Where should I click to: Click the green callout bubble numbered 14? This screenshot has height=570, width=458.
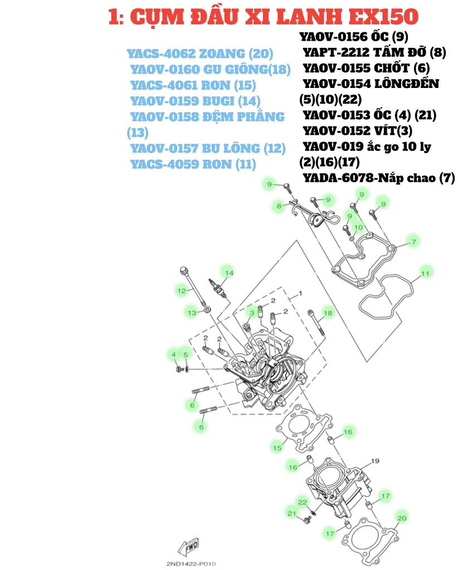(228, 272)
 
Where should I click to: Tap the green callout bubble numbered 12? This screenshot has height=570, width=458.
(181, 290)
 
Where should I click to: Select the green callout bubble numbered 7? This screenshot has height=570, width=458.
(413, 242)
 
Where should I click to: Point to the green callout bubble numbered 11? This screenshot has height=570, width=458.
(425, 273)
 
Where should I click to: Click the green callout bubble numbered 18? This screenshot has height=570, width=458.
(328, 313)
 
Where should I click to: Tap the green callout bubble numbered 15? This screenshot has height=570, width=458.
(276, 447)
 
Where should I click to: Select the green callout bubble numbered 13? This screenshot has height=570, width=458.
(192, 313)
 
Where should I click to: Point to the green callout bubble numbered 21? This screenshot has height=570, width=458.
(291, 513)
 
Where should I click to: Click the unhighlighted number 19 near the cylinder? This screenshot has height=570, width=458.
(374, 461)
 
